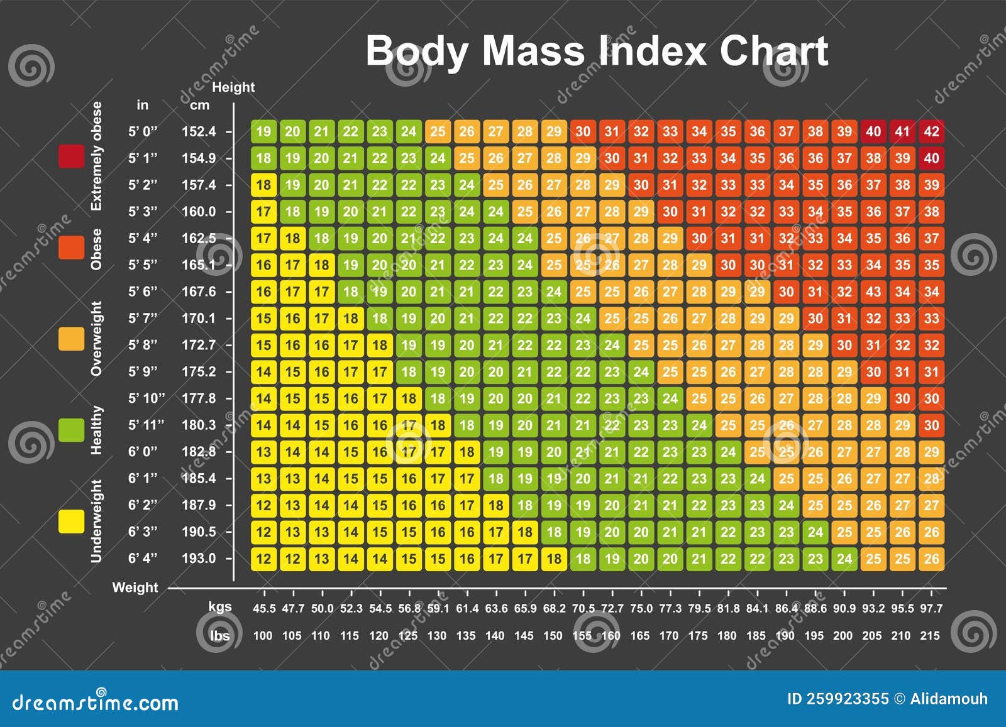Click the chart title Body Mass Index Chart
pyautogui.click(x=596, y=52)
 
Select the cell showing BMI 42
pyautogui.click(x=931, y=131)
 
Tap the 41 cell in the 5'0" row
pyautogui.click(x=902, y=131)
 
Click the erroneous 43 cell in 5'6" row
pyautogui.click(x=873, y=292)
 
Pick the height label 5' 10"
pyautogui.click(x=146, y=398)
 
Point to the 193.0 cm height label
pyautogui.click(x=199, y=559)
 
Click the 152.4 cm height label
pyautogui.click(x=199, y=131)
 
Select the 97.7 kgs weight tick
pyautogui.click(x=931, y=608)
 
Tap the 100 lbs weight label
pyautogui.click(x=263, y=636)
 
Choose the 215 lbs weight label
pyautogui.click(x=930, y=636)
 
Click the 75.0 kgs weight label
pyautogui.click(x=641, y=608)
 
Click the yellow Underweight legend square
pyautogui.click(x=71, y=522)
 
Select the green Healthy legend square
pyautogui.click(x=71, y=430)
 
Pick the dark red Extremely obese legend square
pyautogui.click(x=71, y=156)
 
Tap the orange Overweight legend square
pyautogui.click(x=71, y=338)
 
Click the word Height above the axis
pyautogui.click(x=233, y=87)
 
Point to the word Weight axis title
pyautogui.click(x=135, y=588)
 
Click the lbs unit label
pyautogui.click(x=220, y=636)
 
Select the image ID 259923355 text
pyautogui.click(x=837, y=699)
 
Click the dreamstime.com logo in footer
pyautogui.click(x=96, y=702)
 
